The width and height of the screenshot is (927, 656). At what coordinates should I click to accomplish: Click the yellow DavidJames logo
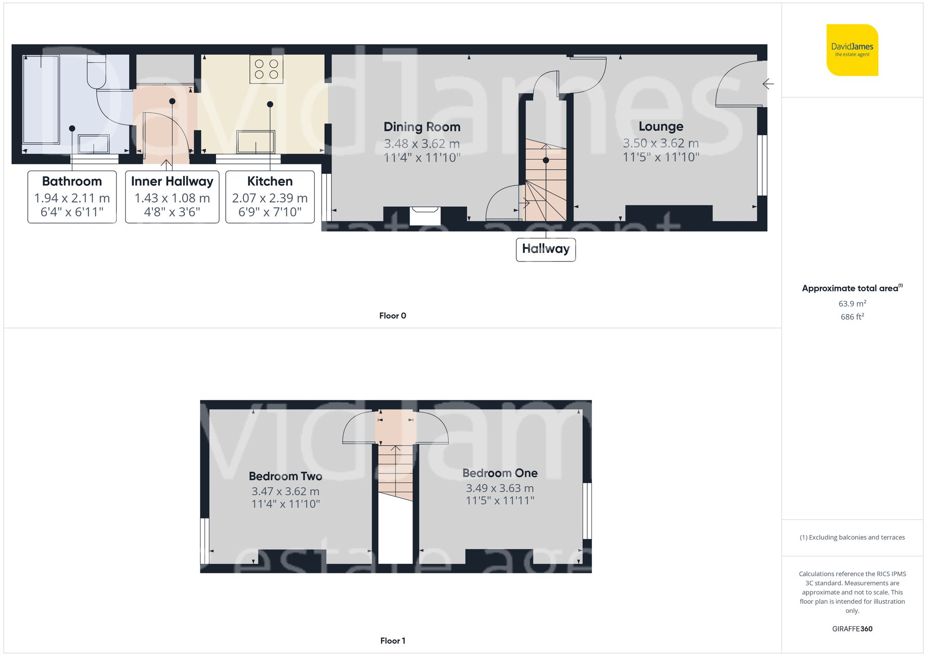tap(852, 50)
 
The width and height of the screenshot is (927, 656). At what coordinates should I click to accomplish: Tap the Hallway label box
tap(546, 249)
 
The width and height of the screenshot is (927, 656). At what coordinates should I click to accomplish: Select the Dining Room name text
tap(422, 127)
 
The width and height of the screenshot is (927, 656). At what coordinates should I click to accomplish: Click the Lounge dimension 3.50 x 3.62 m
tap(660, 143)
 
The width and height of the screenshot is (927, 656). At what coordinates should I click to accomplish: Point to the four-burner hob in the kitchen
tap(267, 69)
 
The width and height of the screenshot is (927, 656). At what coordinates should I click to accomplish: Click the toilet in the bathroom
tap(97, 72)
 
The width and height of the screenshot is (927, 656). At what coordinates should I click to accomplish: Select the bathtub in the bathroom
tap(41, 99)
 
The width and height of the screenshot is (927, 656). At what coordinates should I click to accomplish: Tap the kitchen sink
tap(256, 142)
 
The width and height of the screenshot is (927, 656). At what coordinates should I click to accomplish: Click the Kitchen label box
tap(270, 197)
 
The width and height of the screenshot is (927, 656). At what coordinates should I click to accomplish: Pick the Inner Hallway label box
tap(172, 197)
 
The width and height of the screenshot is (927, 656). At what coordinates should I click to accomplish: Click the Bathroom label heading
tap(72, 181)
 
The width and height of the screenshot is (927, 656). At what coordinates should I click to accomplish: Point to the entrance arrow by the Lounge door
tap(768, 84)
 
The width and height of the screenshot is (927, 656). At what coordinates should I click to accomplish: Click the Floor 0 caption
tap(393, 316)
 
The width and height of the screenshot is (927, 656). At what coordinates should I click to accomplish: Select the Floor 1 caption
tap(393, 641)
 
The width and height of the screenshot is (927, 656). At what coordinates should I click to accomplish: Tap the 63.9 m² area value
tap(852, 304)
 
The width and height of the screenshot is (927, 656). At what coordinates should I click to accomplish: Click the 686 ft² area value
tap(852, 317)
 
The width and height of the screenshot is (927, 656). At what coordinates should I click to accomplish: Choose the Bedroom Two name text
tap(286, 476)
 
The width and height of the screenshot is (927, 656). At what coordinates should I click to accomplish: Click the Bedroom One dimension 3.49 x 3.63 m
tap(500, 488)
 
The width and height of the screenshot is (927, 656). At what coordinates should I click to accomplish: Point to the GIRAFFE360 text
tap(852, 629)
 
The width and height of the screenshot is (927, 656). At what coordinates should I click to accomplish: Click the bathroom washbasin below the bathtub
tap(94, 144)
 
